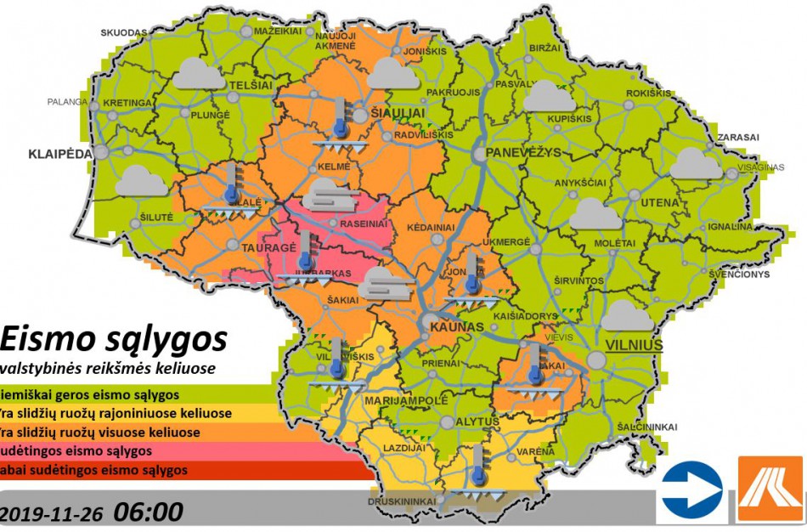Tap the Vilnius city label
pos(634,344)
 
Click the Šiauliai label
pos(393,112)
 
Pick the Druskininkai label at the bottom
pos(402,501)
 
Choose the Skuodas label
pos(124,32)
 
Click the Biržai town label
pos(544,49)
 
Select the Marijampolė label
pos(404,399)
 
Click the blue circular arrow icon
pos(692,490)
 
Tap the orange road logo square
pos(770,490)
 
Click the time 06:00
pos(149,512)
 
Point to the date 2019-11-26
pos(53,513)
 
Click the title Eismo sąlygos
pos(115,339)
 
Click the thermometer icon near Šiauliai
pos(341,117)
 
